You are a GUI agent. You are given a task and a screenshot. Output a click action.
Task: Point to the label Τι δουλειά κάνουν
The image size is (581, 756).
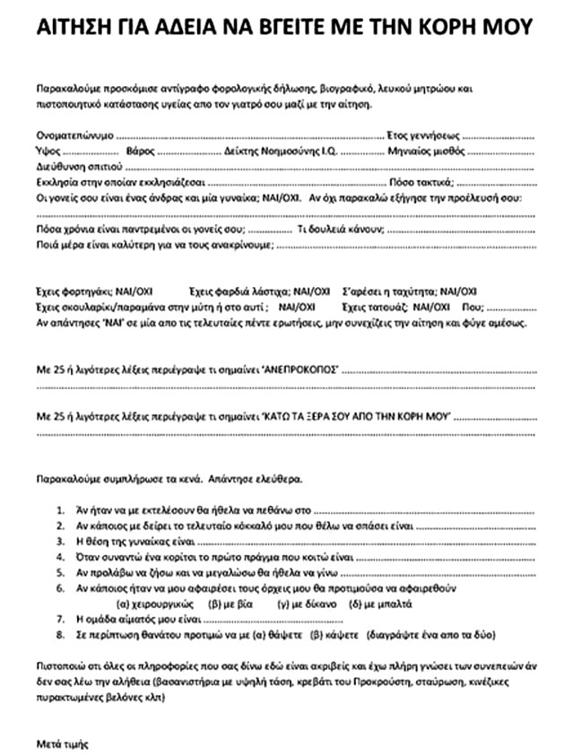(x=341, y=229)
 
